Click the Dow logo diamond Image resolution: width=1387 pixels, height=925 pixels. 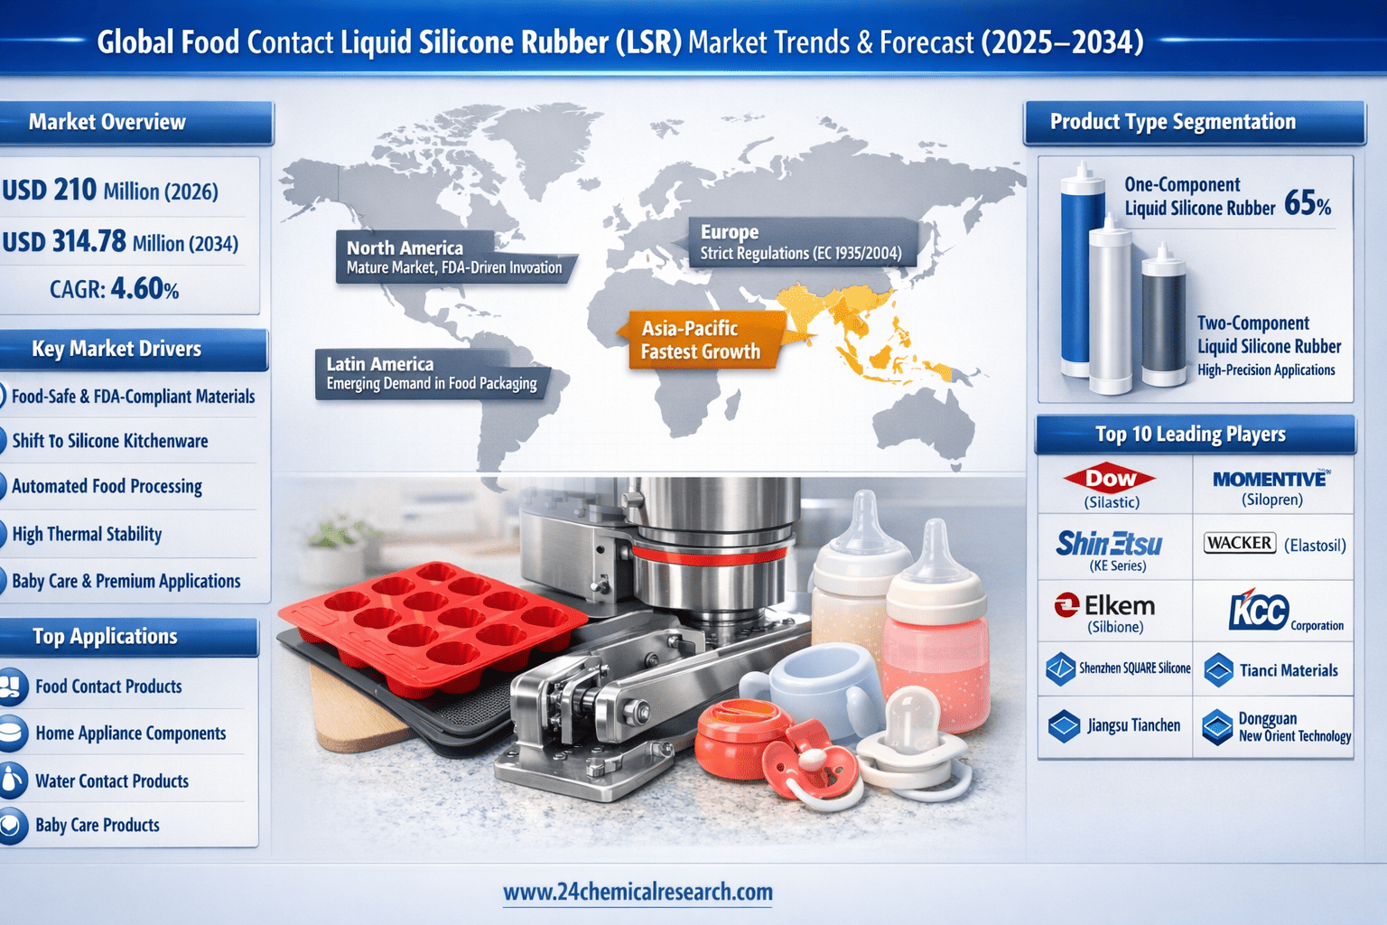[x=1109, y=478]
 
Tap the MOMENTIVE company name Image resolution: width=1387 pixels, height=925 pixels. [x=1270, y=479]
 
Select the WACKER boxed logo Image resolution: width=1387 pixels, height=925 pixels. [x=1240, y=544]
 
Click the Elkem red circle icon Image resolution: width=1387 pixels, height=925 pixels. [x=1066, y=605]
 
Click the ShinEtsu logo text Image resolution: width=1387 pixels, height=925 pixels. [x=1109, y=544]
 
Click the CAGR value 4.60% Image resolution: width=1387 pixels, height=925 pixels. [x=144, y=289]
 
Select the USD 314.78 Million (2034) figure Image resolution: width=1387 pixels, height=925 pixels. [x=120, y=241]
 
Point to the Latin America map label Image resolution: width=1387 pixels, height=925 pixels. [x=432, y=374]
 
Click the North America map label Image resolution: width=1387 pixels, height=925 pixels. [x=454, y=257]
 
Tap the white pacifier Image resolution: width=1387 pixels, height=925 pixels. [x=910, y=743]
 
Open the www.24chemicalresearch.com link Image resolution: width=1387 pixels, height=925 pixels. [x=638, y=892]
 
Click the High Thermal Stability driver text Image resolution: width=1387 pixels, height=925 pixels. [x=87, y=534]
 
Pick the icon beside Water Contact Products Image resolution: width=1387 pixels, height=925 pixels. [x=13, y=780]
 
